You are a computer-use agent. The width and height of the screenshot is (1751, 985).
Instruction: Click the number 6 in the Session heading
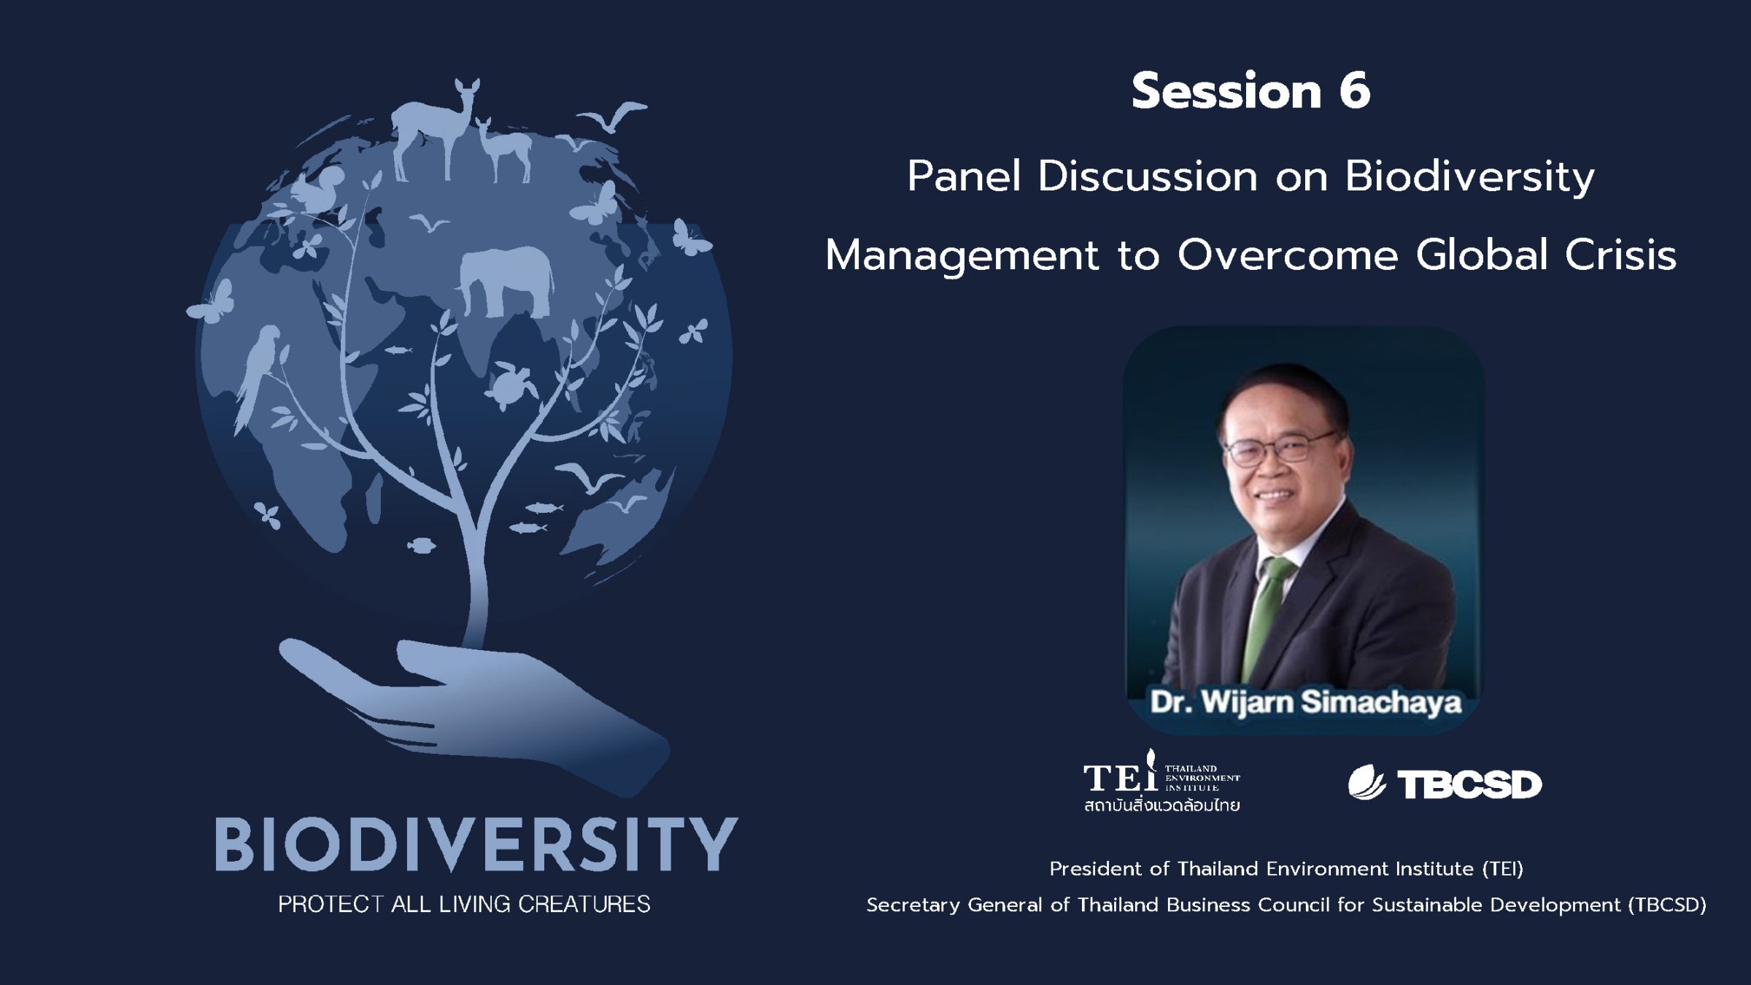[1355, 91]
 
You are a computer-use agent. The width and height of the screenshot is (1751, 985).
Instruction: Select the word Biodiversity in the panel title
[1469, 177]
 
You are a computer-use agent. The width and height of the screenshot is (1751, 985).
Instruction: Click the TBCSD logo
[1445, 784]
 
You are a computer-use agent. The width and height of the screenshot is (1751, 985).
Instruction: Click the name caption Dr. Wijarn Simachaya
[1305, 702]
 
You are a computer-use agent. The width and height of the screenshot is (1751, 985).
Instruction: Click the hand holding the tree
[474, 708]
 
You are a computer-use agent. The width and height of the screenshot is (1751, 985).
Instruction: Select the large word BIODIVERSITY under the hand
[476, 843]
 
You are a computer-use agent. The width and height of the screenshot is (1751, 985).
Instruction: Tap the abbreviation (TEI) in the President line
[1502, 869]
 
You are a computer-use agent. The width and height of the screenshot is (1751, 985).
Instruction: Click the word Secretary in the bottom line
[913, 905]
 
